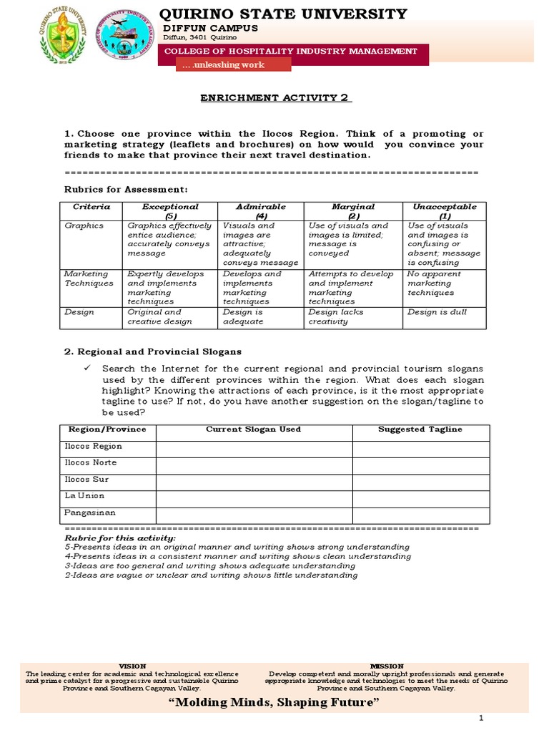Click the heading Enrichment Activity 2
275,98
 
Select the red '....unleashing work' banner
234,64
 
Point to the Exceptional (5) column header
170,210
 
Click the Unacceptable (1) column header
444,210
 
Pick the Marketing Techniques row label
89,278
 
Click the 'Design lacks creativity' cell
336,316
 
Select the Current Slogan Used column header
253,429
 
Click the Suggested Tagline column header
420,429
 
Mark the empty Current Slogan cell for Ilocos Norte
253,462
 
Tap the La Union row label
84,495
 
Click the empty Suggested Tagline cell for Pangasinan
420,513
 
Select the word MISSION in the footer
387,666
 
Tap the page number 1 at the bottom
482,718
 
